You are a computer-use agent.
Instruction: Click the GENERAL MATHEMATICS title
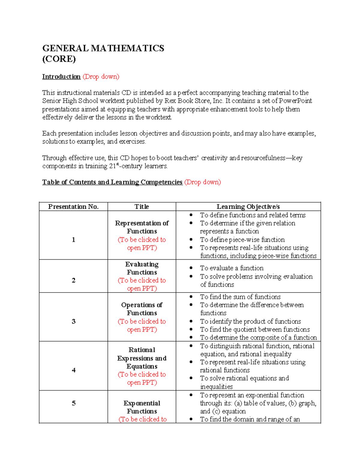(103, 48)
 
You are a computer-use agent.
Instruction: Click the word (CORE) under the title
(59, 59)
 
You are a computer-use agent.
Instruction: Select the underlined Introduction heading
(61, 77)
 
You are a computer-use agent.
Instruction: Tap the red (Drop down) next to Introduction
(101, 77)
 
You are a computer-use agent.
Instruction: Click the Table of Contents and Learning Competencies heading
(112, 182)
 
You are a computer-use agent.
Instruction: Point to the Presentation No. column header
(73, 206)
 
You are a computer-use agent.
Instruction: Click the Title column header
(142, 206)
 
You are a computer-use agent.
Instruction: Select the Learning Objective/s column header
(248, 206)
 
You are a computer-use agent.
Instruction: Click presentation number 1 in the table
(73, 239)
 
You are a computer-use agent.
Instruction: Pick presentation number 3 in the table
(73, 321)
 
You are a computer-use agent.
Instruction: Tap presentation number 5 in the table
(73, 403)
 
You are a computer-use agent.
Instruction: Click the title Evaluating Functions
(142, 268)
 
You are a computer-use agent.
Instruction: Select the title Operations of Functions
(142, 309)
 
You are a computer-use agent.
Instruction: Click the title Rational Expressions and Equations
(142, 358)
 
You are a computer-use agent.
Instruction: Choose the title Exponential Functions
(142, 407)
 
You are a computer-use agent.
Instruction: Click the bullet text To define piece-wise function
(242, 239)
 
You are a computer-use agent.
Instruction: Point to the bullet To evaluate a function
(232, 268)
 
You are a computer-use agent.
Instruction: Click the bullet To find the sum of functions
(240, 297)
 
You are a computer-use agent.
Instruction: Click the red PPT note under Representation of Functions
(142, 244)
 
